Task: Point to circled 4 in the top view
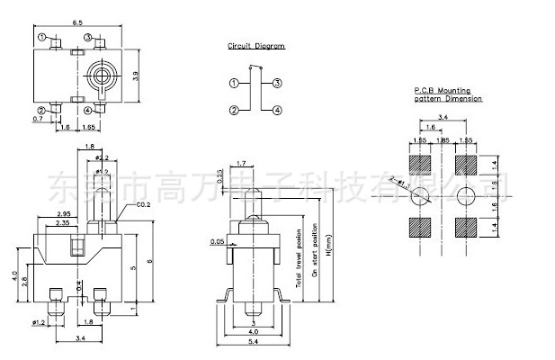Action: [x=88, y=111]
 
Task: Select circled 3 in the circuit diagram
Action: [x=277, y=83]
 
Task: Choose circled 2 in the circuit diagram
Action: [x=233, y=110]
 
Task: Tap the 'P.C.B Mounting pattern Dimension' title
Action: [x=447, y=94]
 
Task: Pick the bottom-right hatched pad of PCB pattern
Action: [x=466, y=225]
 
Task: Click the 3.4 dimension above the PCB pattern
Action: [x=443, y=117]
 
